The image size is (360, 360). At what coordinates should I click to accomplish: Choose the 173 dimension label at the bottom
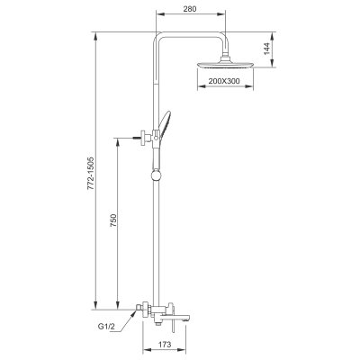tap(164, 343)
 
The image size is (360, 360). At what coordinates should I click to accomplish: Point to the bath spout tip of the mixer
tap(185, 317)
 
